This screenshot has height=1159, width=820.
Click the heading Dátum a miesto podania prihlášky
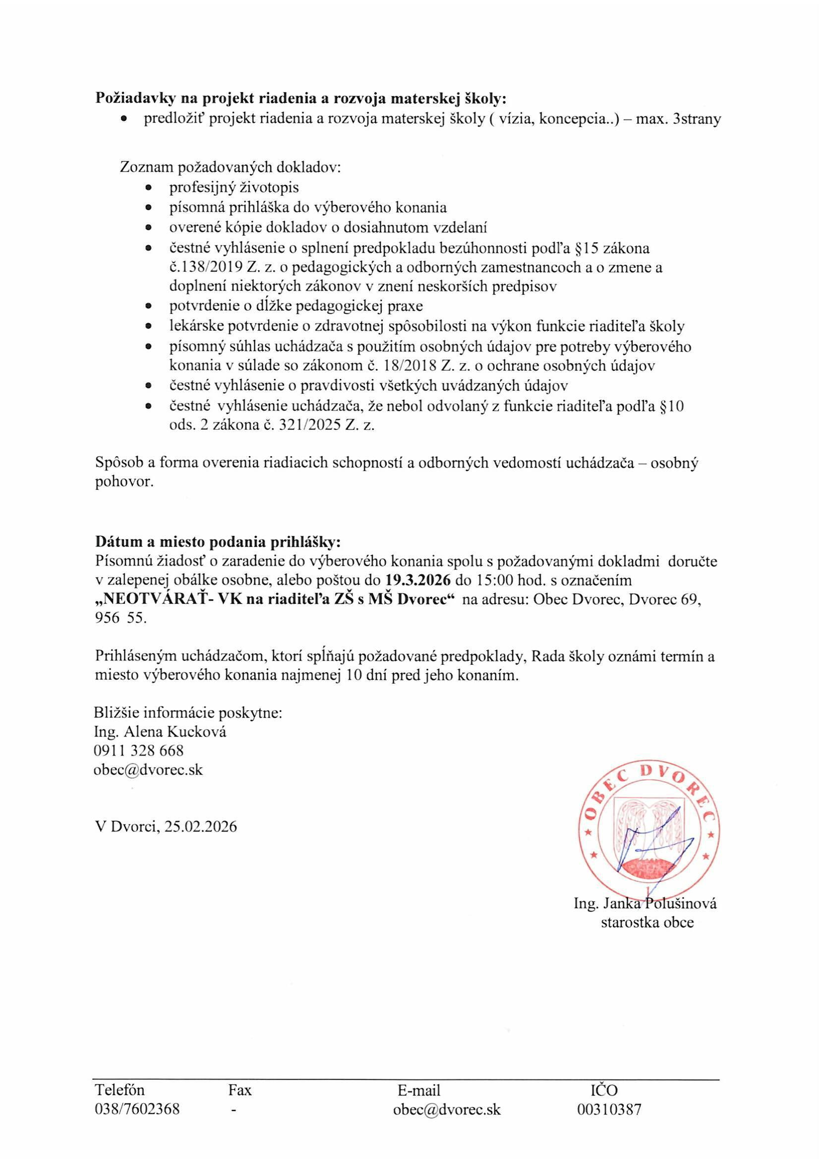tap(219, 542)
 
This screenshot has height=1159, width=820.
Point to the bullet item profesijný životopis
tap(234, 187)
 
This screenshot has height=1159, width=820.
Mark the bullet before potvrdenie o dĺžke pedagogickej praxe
tap(148, 306)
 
